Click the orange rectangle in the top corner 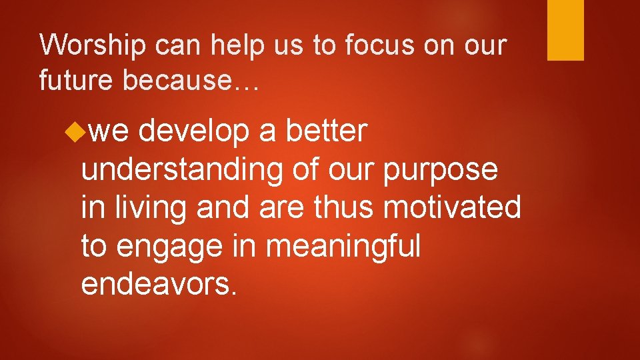565,30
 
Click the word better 326,131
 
